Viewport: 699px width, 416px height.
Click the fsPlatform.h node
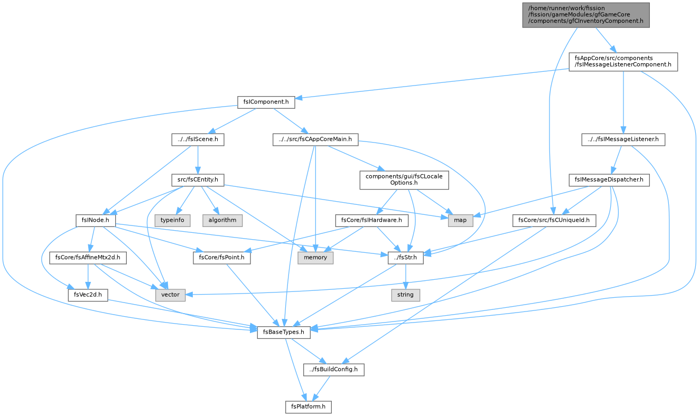(309, 406)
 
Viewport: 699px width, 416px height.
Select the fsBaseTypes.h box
(284, 332)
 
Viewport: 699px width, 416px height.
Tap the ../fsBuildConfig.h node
(333, 370)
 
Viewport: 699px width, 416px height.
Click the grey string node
(405, 295)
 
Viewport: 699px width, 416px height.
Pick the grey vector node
(170, 295)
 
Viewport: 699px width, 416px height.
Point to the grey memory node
(315, 258)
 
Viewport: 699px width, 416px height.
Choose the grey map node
(460, 221)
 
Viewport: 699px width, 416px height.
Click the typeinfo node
(172, 221)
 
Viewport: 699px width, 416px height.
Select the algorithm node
(222, 221)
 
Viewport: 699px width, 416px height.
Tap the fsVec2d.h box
(88, 295)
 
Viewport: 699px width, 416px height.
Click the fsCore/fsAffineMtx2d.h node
(88, 258)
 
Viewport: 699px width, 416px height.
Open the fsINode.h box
(96, 221)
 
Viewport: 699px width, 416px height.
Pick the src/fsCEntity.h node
(198, 180)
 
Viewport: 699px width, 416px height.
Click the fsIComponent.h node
(266, 102)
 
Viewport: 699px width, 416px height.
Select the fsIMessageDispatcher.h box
(609, 180)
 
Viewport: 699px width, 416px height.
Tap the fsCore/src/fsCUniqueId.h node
(554, 221)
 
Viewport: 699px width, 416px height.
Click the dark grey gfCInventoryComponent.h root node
(586, 15)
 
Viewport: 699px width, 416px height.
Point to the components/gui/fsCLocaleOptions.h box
(404, 180)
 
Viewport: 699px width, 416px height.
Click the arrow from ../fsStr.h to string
(405, 277)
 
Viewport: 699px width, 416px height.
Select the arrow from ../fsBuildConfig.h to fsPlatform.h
(321, 388)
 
